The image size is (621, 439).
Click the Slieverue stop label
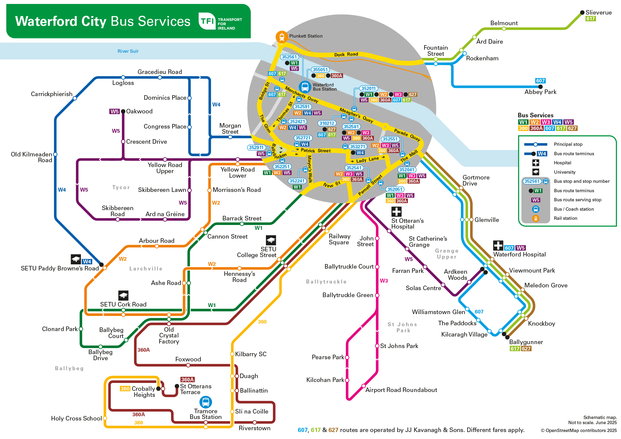(599, 12)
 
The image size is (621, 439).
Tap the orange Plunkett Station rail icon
(282, 37)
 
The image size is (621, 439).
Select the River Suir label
(128, 51)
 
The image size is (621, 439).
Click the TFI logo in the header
(207, 21)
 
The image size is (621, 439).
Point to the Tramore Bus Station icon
(206, 402)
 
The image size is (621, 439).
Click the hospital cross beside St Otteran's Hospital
(396, 211)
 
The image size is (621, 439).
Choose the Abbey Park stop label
(540, 92)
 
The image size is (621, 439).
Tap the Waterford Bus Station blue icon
(305, 87)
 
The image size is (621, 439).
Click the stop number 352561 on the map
(289, 57)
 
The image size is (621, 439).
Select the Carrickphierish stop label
(52, 94)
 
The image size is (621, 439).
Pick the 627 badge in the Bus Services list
(572, 128)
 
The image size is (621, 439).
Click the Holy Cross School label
(76, 418)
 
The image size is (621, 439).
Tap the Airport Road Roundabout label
(401, 390)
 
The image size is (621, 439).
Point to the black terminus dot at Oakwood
(123, 112)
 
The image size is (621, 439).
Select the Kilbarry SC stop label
(251, 354)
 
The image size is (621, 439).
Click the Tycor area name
(121, 187)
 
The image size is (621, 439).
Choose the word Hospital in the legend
(562, 163)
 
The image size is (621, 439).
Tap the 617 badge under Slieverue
(590, 19)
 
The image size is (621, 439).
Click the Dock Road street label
(346, 55)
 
